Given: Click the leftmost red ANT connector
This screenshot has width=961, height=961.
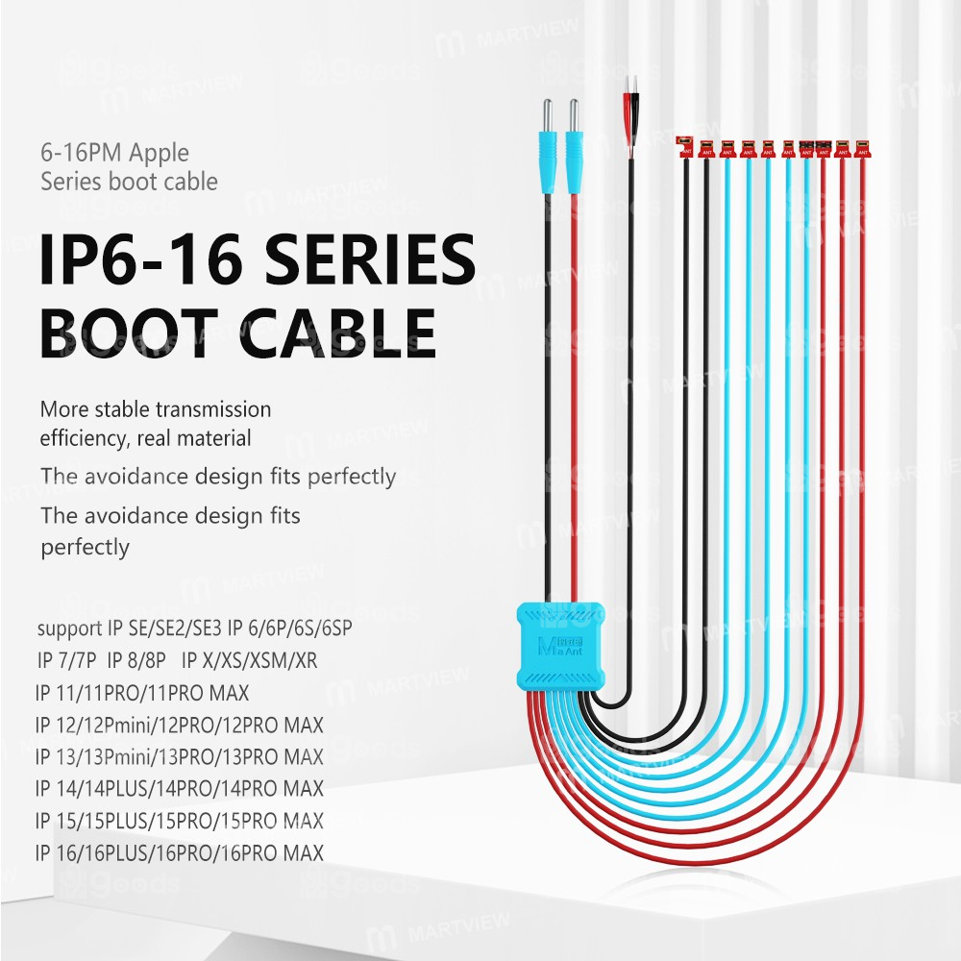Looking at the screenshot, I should (x=684, y=145).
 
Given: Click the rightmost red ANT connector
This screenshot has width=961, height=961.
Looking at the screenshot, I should (x=863, y=147).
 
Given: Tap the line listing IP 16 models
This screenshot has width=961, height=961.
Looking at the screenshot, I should (x=179, y=852).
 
